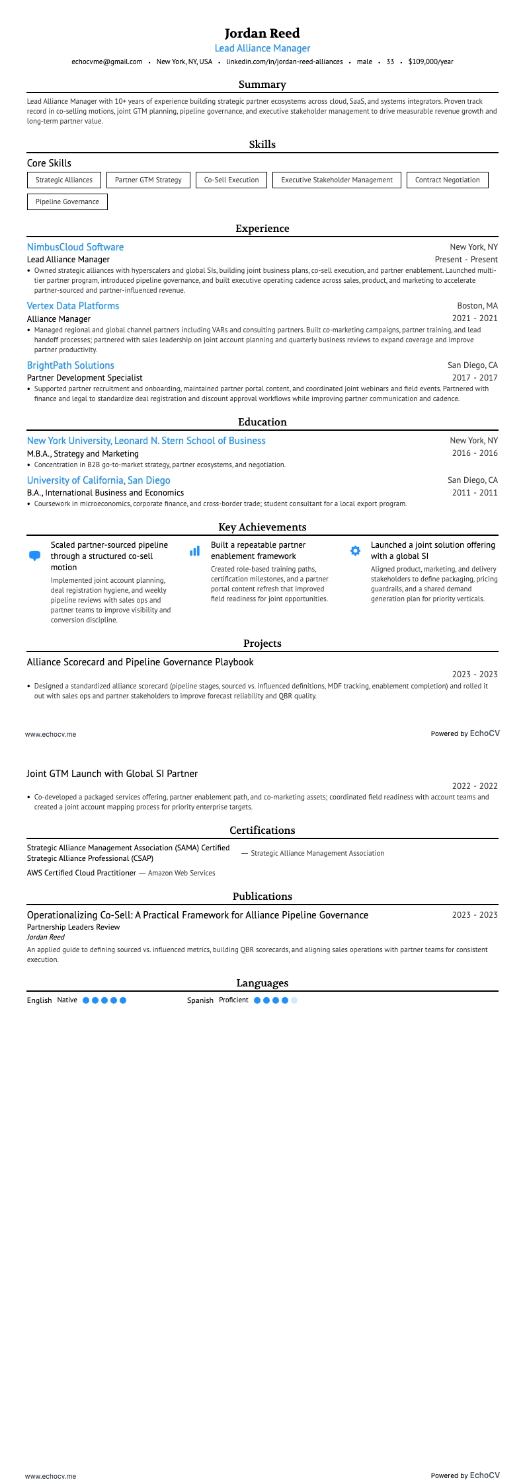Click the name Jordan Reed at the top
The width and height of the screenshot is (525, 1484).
point(262,33)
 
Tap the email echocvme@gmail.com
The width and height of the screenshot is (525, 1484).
point(106,61)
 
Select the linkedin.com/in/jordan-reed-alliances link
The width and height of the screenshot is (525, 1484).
point(284,61)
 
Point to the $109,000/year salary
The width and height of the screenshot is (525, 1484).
point(430,61)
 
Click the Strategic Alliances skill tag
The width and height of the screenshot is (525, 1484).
point(64,180)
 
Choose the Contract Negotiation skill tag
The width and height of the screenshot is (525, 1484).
point(447,180)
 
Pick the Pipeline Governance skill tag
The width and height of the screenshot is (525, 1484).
point(67,202)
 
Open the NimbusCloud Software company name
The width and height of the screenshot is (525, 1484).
point(75,247)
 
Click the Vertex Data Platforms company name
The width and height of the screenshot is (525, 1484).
point(73,306)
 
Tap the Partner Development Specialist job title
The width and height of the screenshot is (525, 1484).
point(85,378)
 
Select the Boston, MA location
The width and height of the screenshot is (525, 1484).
point(477,306)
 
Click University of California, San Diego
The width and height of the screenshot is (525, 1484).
point(99,480)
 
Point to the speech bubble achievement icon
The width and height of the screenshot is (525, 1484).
point(35,556)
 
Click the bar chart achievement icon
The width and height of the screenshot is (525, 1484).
point(194,550)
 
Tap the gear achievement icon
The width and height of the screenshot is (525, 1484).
point(355,550)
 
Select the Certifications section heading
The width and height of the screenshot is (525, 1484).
point(262,831)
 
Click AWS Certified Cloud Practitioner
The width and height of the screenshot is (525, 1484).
point(81,873)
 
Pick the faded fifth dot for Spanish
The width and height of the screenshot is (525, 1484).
point(294,1000)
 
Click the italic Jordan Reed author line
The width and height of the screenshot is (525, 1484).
point(46,937)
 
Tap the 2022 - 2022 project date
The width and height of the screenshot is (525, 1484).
point(475,786)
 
